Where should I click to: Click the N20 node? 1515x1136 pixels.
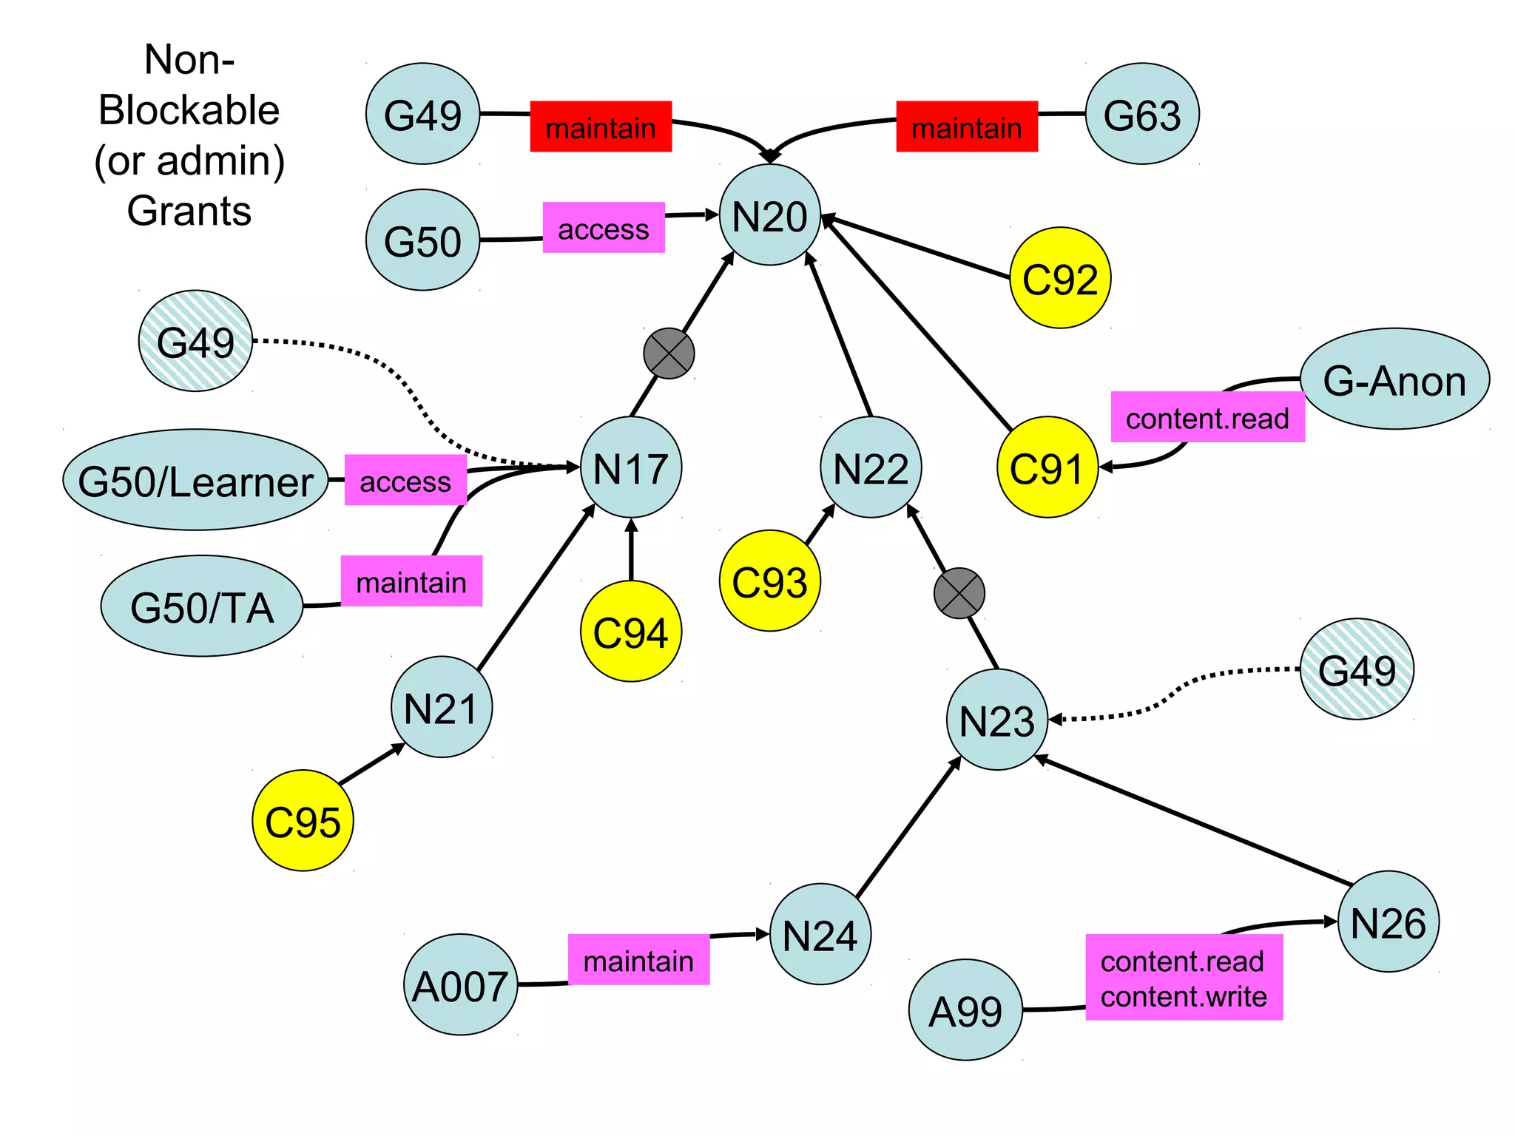(x=769, y=215)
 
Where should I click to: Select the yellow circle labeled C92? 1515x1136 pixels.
(x=1059, y=278)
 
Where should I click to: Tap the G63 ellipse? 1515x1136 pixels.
(x=1141, y=114)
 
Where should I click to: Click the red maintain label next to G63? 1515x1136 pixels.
(x=966, y=127)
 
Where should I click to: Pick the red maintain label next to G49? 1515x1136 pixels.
(x=601, y=127)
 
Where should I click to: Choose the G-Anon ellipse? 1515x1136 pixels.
(x=1394, y=379)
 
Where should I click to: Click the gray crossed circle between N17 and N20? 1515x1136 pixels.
(x=669, y=354)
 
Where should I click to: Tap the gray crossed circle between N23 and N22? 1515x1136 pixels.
(x=959, y=593)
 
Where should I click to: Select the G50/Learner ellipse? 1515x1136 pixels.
(x=195, y=481)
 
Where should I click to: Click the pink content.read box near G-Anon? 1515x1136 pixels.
(x=1207, y=418)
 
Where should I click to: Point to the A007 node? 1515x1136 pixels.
(x=460, y=984)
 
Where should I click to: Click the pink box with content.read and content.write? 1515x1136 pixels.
(x=1184, y=978)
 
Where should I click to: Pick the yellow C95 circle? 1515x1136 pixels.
(x=303, y=821)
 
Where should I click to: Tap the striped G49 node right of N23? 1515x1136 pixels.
(x=1357, y=669)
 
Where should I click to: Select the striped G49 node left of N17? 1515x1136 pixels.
(x=195, y=341)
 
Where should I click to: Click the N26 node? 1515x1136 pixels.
(x=1388, y=922)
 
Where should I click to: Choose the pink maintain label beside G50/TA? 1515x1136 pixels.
(x=411, y=581)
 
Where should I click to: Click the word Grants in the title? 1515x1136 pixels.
(x=189, y=211)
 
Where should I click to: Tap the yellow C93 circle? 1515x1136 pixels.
(x=769, y=581)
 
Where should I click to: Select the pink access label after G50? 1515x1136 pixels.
(x=604, y=228)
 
